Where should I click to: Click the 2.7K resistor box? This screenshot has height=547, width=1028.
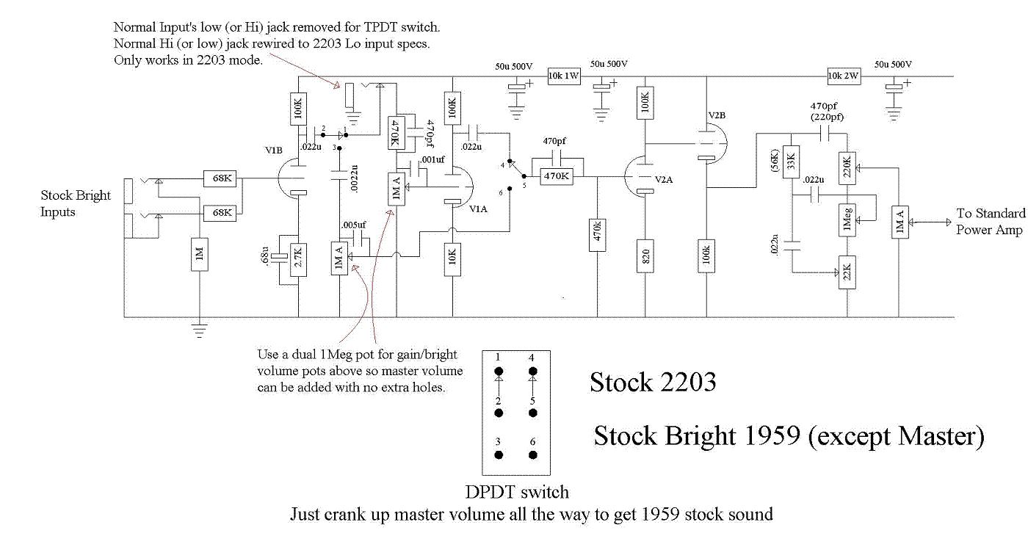coord(299,259)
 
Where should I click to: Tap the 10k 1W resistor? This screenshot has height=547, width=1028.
coord(564,76)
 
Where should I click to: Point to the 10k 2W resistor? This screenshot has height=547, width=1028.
coord(844,76)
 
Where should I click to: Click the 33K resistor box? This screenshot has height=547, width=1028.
coord(792,162)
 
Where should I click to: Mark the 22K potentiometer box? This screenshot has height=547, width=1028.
coord(847,273)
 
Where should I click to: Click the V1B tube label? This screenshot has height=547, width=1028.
coord(274,150)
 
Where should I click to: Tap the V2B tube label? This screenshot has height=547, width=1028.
coord(717,117)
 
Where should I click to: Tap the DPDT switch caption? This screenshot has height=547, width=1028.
coord(517,493)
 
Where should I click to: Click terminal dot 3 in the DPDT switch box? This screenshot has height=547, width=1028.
coord(499,455)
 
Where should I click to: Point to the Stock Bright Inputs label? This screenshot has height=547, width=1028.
coord(76,204)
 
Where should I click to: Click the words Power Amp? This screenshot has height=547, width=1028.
coord(989,230)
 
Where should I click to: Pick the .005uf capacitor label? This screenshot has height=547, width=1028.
coord(355,225)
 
